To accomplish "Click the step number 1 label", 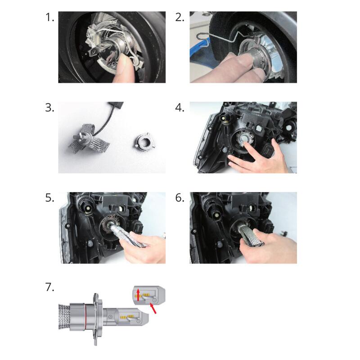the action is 50,17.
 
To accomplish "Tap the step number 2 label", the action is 180,17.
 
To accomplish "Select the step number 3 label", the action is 50,108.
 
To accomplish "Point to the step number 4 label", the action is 180,108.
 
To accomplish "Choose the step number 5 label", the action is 50,198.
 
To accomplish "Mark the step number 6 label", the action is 180,198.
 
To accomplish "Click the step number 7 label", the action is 50,287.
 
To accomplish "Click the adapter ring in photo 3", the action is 142,141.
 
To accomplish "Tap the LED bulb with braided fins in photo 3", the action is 88,137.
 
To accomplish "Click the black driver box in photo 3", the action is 117,105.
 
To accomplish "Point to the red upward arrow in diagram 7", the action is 138,295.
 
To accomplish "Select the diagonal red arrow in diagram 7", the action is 153,308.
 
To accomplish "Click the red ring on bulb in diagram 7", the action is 85,315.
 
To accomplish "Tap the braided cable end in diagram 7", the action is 64,316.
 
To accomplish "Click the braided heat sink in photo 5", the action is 127,236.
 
